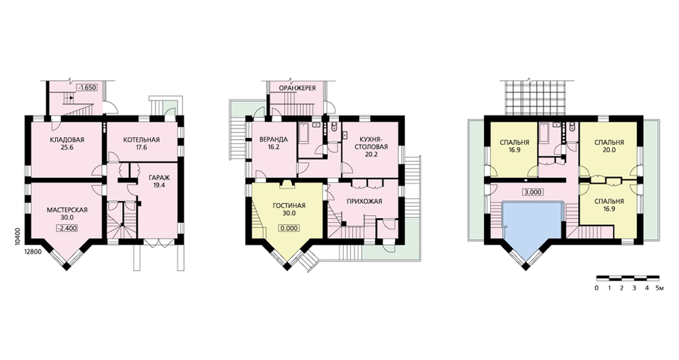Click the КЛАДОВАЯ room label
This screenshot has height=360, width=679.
[67, 139]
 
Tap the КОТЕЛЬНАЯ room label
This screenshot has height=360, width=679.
[141, 139]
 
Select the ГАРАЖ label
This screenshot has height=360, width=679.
[159, 177]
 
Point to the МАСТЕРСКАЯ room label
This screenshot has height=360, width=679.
[67, 210]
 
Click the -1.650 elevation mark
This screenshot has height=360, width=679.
[87, 88]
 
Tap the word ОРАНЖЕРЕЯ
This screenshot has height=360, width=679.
[297, 88]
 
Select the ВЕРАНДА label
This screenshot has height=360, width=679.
[273, 139]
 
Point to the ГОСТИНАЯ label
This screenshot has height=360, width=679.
[289, 205]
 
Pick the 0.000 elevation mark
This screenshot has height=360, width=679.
[289, 228]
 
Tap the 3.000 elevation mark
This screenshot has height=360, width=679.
[532, 192]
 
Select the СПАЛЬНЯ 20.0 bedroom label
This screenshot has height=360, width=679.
[609, 146]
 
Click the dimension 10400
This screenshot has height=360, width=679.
[18, 238]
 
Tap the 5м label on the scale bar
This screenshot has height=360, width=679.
[659, 288]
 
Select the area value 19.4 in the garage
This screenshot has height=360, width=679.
[159, 185]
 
